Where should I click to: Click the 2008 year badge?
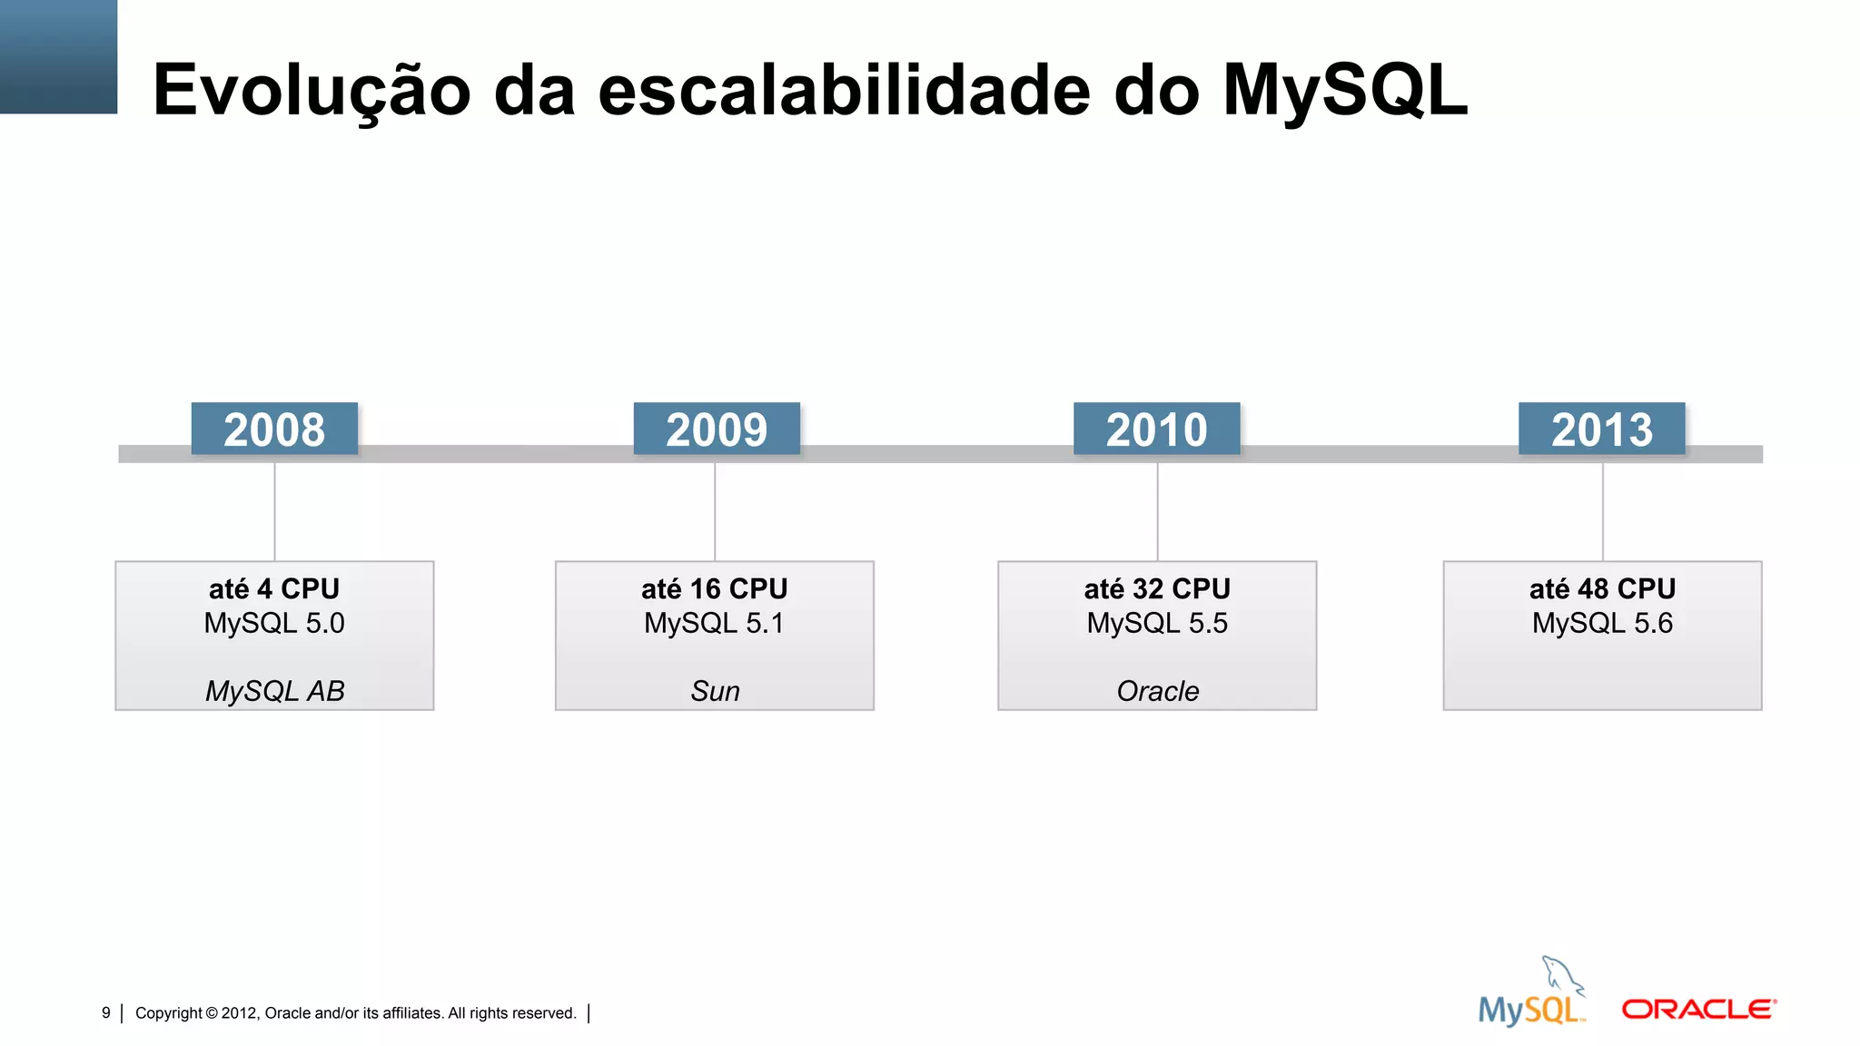point(274,429)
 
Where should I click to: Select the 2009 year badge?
point(717,429)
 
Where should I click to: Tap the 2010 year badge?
point(1156,429)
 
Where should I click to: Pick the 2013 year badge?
point(1601,429)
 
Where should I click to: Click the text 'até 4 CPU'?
point(274,589)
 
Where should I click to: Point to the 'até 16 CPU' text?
point(715,589)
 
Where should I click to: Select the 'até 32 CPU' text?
point(1157,589)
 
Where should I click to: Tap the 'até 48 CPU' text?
point(1602,589)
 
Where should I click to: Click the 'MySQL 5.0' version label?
point(274,624)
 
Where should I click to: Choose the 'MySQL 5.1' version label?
point(715,624)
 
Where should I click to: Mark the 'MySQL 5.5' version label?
point(1157,624)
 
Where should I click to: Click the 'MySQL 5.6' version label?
point(1602,624)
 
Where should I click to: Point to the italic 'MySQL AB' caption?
point(274,691)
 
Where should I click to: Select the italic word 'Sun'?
point(715,691)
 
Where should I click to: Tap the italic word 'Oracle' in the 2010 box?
point(1157,691)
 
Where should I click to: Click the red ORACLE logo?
point(1698,1010)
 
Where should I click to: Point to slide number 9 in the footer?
point(106,1012)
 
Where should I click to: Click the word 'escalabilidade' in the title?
point(844,90)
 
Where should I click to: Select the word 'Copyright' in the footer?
point(169,1013)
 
